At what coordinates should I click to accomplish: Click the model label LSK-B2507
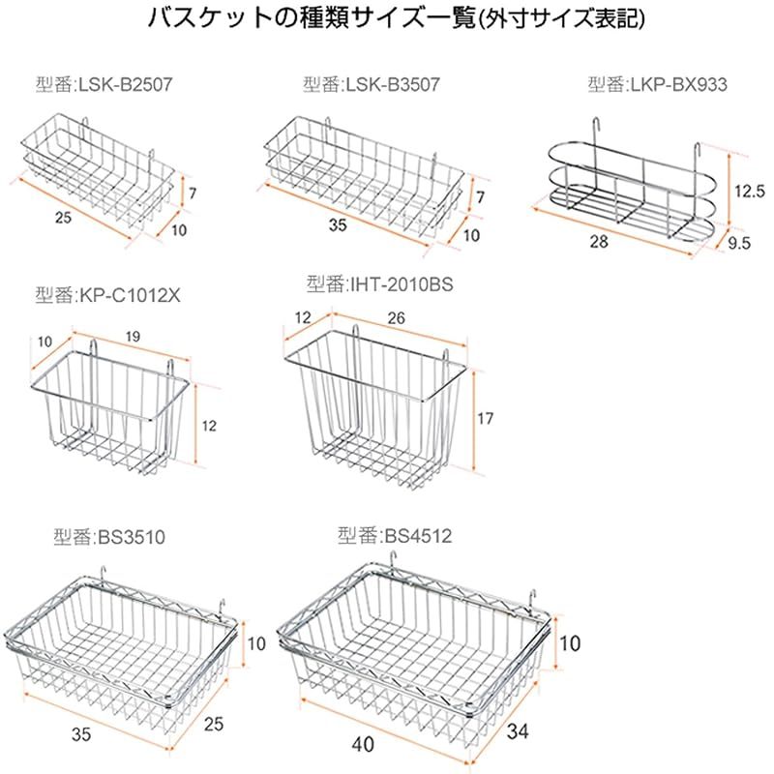[114, 84]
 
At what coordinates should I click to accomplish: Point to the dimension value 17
[486, 419]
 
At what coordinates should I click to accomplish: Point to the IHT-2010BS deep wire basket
[377, 406]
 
